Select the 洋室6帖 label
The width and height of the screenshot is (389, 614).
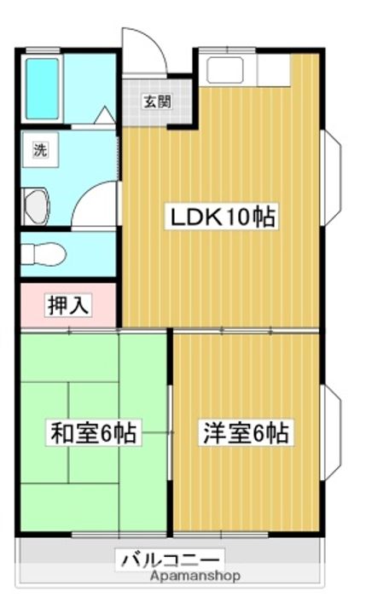(246, 432)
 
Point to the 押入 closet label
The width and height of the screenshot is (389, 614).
(67, 304)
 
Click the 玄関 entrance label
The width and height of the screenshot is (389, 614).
(156, 102)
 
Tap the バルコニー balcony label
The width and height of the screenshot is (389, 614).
(171, 559)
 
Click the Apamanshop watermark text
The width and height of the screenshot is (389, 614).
(194, 576)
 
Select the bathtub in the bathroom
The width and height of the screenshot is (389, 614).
(41, 88)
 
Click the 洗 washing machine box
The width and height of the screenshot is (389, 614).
(39, 151)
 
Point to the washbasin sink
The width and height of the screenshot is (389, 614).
(36, 206)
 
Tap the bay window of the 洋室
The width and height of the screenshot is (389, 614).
(331, 426)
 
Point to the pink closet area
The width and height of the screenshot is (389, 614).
(67, 304)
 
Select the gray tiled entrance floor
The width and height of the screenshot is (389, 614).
(155, 102)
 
